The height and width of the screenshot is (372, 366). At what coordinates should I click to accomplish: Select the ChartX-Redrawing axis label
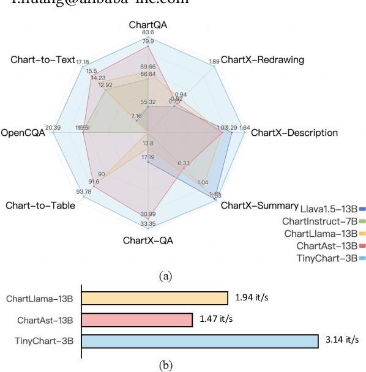coord(262,60)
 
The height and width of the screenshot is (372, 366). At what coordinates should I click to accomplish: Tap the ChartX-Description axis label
coord(294,132)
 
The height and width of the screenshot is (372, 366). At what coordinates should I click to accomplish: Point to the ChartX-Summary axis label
coord(259,205)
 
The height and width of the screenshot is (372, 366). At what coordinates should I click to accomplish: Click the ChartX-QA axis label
coord(148,240)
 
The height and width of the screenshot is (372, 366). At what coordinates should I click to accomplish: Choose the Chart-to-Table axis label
coord(40,205)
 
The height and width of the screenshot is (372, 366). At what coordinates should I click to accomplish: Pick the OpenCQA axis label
coord(23,132)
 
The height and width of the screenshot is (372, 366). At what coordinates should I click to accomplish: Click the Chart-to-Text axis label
coord(42,60)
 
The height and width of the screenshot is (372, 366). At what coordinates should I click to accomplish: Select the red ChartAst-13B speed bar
coord(136,319)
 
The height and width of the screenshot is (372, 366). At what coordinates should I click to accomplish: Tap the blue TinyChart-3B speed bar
coord(200,341)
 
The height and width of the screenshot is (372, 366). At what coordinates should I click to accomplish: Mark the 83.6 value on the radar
coord(148,32)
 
